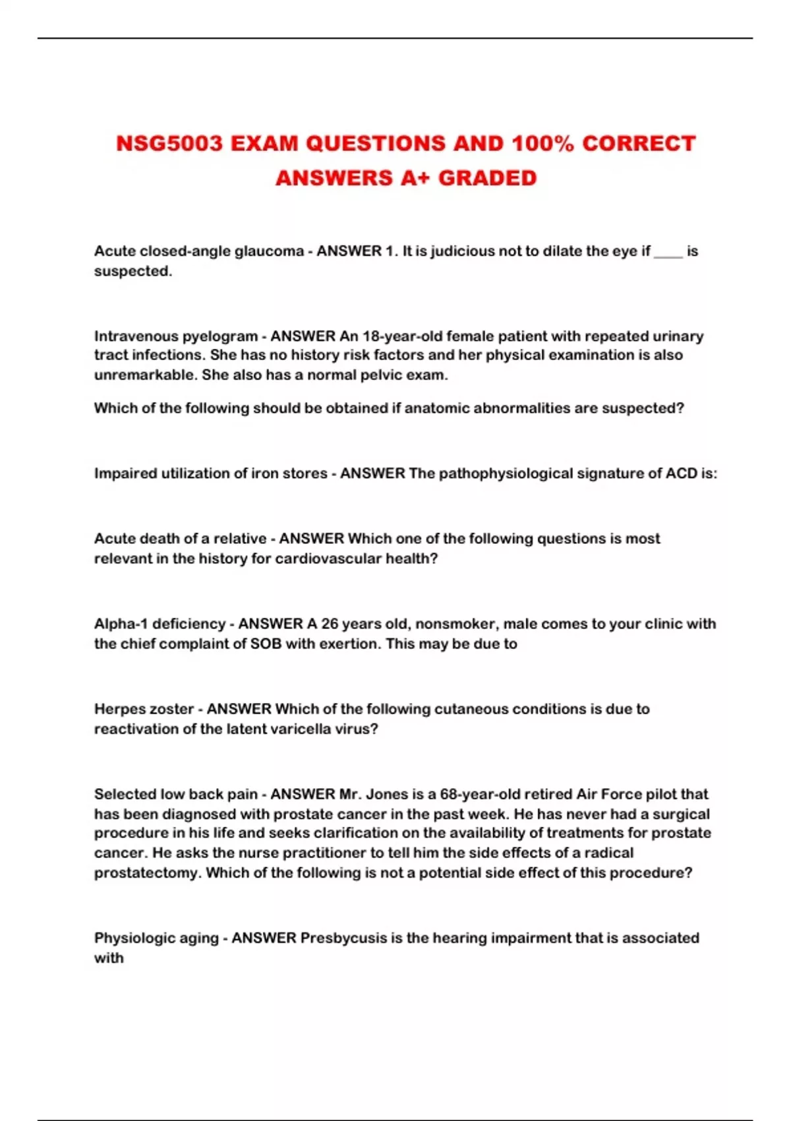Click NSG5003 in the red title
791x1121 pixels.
169,144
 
